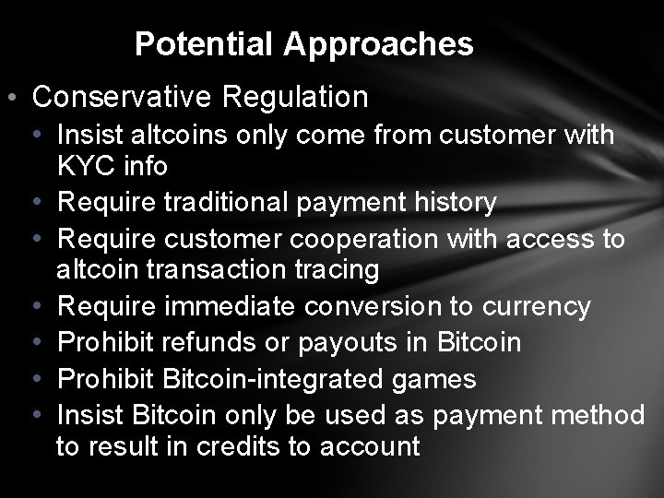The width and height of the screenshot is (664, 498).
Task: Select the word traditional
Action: [240, 202]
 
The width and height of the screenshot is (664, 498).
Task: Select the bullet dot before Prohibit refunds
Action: [34, 343]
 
